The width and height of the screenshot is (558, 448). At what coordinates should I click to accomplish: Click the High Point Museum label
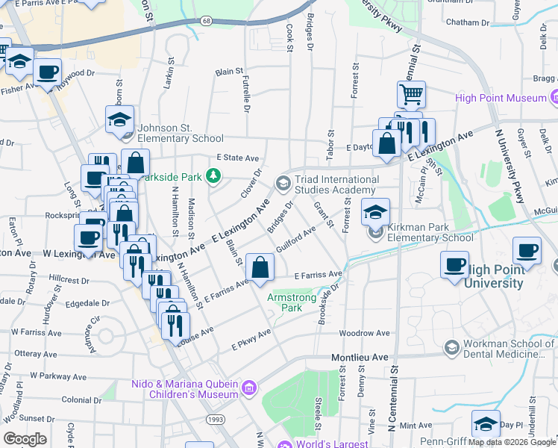500,98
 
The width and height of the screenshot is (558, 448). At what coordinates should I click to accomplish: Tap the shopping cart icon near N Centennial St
411,94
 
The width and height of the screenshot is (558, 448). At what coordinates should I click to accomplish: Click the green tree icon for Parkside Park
214,176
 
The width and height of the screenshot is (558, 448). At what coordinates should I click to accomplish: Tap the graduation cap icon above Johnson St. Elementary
119,119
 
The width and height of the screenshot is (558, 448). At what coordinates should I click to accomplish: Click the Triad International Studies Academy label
336,184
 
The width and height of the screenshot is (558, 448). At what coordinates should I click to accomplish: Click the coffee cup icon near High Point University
455,264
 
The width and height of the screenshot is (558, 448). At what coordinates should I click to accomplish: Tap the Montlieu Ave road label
361,358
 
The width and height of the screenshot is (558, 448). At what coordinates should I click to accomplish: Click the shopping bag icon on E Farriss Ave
259,267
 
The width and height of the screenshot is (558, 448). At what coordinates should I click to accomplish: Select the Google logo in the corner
25,439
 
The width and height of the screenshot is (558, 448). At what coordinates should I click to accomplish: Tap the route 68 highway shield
205,21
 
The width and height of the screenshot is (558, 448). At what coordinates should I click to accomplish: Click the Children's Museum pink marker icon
250,387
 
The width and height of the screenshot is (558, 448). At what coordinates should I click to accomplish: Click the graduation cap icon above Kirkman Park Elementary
375,211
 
